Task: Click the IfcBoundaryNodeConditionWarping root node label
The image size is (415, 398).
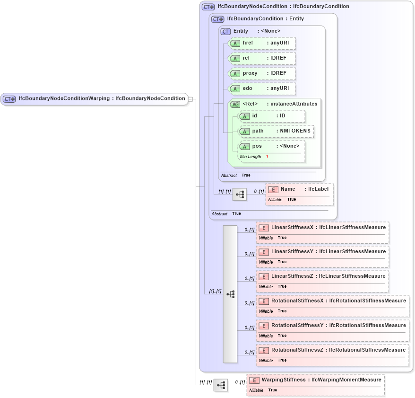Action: pyautogui.click(x=101, y=98)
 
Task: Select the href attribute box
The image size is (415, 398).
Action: pyautogui.click(x=262, y=43)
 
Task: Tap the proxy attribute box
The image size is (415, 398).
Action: pyautogui.click(x=262, y=73)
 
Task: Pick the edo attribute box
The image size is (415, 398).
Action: pyautogui.click(x=262, y=88)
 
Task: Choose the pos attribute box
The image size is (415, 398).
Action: pyautogui.click(x=271, y=146)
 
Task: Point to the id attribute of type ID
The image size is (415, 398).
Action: pyautogui.click(x=271, y=116)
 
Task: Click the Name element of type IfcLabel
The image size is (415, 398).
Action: pyautogui.click(x=299, y=189)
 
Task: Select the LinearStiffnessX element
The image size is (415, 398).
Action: pyautogui.click(x=322, y=228)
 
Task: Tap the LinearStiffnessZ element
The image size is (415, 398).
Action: pyautogui.click(x=322, y=276)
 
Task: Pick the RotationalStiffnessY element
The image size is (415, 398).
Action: pyautogui.click(x=332, y=326)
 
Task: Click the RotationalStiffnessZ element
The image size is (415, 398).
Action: pyautogui.click(x=332, y=350)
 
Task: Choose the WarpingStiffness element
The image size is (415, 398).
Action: pyautogui.click(x=315, y=380)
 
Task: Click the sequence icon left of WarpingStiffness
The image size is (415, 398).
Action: pyautogui.click(x=220, y=385)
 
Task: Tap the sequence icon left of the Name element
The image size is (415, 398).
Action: pyautogui.click(x=239, y=194)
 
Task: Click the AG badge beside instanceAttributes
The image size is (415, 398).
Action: pyautogui.click(x=235, y=104)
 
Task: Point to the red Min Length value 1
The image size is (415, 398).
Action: pyautogui.click(x=267, y=157)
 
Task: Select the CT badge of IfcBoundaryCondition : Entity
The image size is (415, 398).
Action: pyautogui.click(x=218, y=19)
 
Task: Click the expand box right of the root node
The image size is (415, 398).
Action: pyautogui.click(x=190, y=99)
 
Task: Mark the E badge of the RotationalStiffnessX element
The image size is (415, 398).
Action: pyautogui.click(x=264, y=301)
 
